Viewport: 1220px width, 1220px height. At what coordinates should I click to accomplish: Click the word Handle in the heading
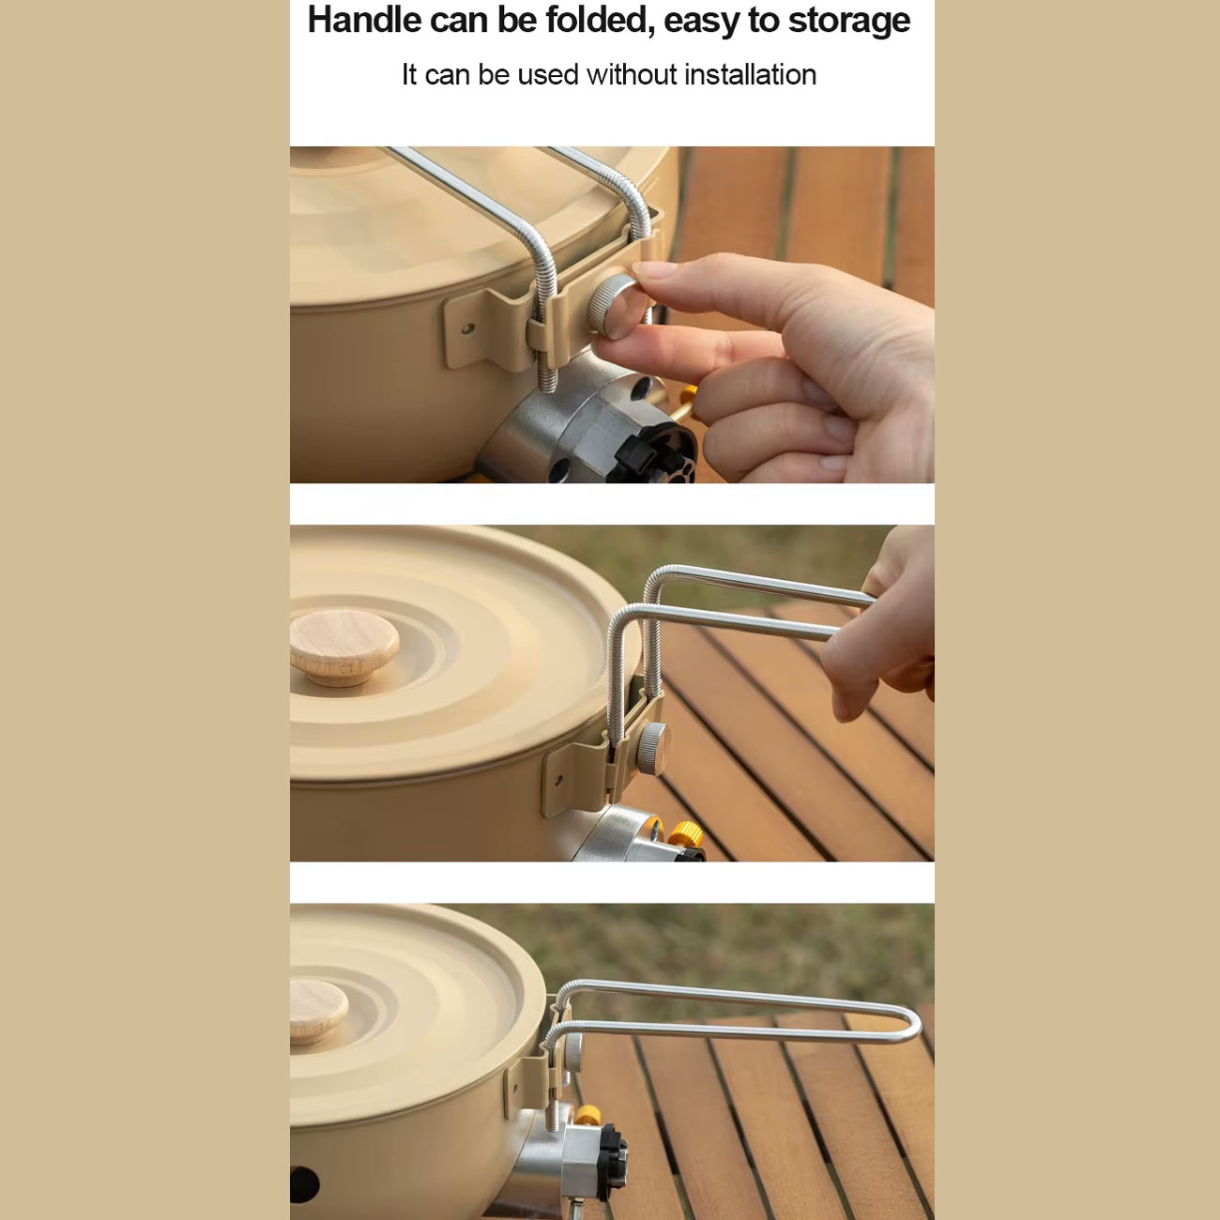click(x=365, y=21)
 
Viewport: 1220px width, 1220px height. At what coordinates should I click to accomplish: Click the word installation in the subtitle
click(x=750, y=75)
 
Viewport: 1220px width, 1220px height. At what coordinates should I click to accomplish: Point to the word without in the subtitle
click(x=632, y=75)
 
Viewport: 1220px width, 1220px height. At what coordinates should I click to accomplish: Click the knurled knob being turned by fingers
click(x=613, y=307)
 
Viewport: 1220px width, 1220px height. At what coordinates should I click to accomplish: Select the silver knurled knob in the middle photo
click(x=652, y=748)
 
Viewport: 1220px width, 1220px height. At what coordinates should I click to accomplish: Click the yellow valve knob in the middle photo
click(x=686, y=833)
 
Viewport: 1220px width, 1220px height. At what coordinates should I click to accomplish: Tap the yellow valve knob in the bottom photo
click(x=587, y=1115)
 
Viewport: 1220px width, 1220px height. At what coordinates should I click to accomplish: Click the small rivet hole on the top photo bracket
click(x=467, y=328)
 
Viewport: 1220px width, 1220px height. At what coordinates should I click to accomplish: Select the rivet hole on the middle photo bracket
click(x=557, y=779)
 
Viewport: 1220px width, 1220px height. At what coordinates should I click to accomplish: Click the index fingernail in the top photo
click(x=656, y=269)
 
